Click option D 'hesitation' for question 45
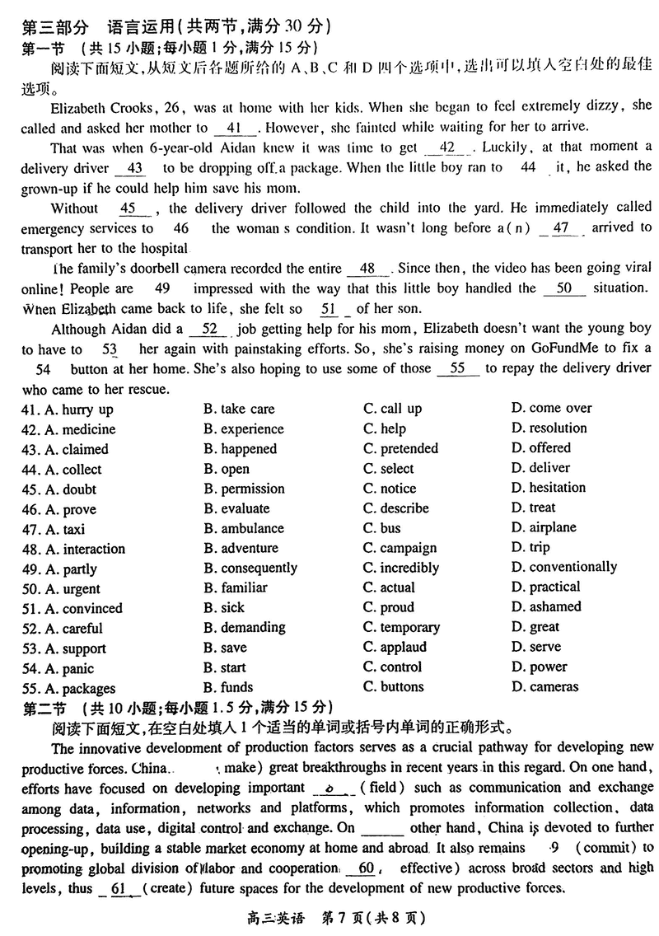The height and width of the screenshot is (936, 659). (548, 488)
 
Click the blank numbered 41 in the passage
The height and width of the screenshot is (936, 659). (237, 128)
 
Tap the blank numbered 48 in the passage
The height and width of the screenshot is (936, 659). (367, 269)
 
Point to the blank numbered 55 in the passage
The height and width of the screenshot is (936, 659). (458, 368)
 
